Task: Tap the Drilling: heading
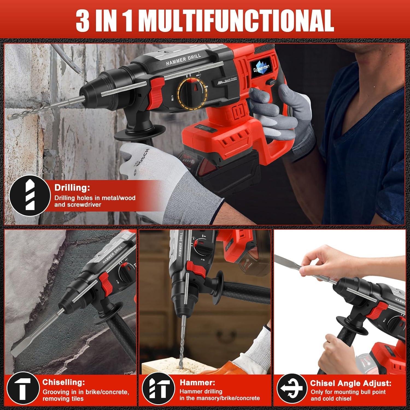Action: [72, 188]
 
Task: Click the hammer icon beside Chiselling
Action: [22, 388]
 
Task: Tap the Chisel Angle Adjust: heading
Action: [350, 383]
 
